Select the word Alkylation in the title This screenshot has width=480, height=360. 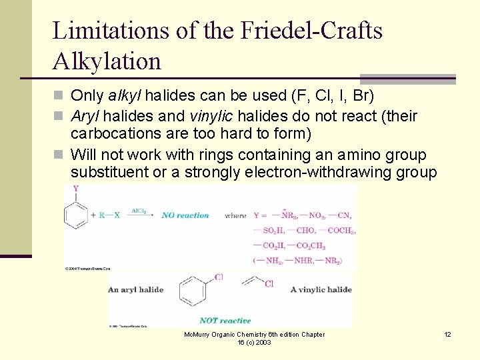tap(107, 61)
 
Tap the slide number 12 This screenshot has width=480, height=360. tap(447, 334)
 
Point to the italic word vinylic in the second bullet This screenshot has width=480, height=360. tap(229, 116)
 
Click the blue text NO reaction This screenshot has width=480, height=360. tap(185, 215)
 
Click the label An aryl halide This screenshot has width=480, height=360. tap(136, 289)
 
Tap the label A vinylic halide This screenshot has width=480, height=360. tap(321, 289)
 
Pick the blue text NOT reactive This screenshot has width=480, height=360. tap(225, 321)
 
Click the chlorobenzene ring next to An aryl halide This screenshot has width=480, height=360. tap(193, 291)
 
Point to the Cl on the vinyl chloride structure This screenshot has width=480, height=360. tap(269, 284)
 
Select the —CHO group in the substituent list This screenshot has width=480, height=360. tap(306, 231)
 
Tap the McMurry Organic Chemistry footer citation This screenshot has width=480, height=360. tap(254, 338)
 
